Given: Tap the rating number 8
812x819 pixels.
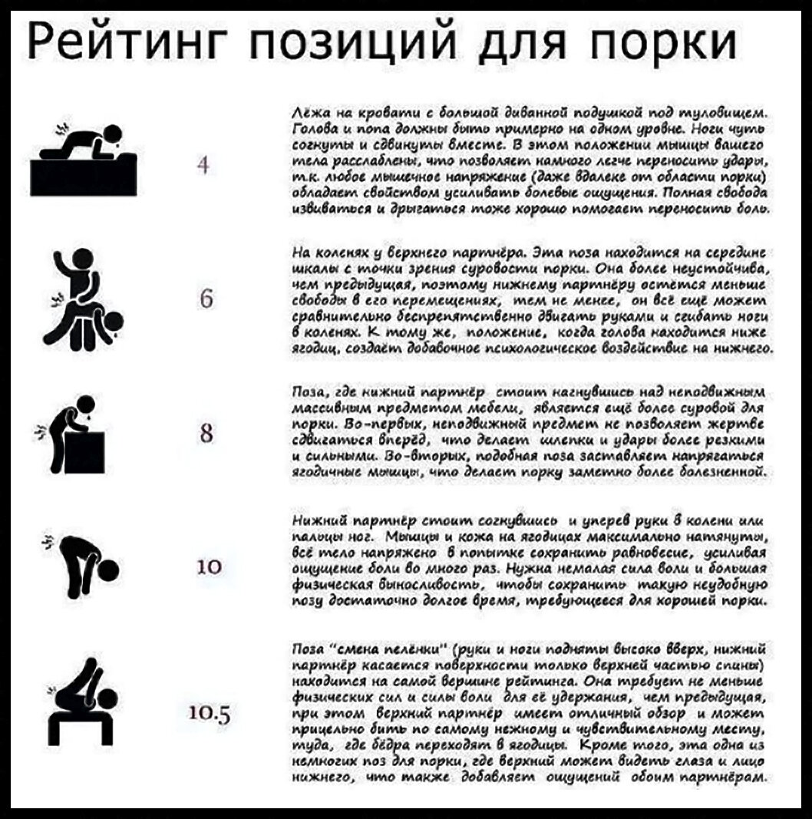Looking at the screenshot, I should (x=206, y=434).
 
